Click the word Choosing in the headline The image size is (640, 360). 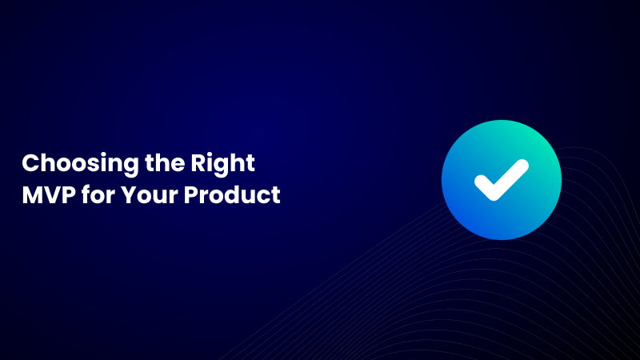(x=67, y=164)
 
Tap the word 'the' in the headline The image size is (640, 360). (x=145, y=163)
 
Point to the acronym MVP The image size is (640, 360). (x=47, y=194)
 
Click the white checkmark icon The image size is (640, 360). (x=501, y=179)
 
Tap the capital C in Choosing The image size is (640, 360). (x=30, y=163)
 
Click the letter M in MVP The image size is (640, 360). (x=33, y=194)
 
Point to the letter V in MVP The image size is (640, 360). (x=50, y=194)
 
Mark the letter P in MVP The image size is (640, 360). (x=66, y=194)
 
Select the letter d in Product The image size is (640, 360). (x=238, y=194)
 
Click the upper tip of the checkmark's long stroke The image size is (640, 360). (x=522, y=165)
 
